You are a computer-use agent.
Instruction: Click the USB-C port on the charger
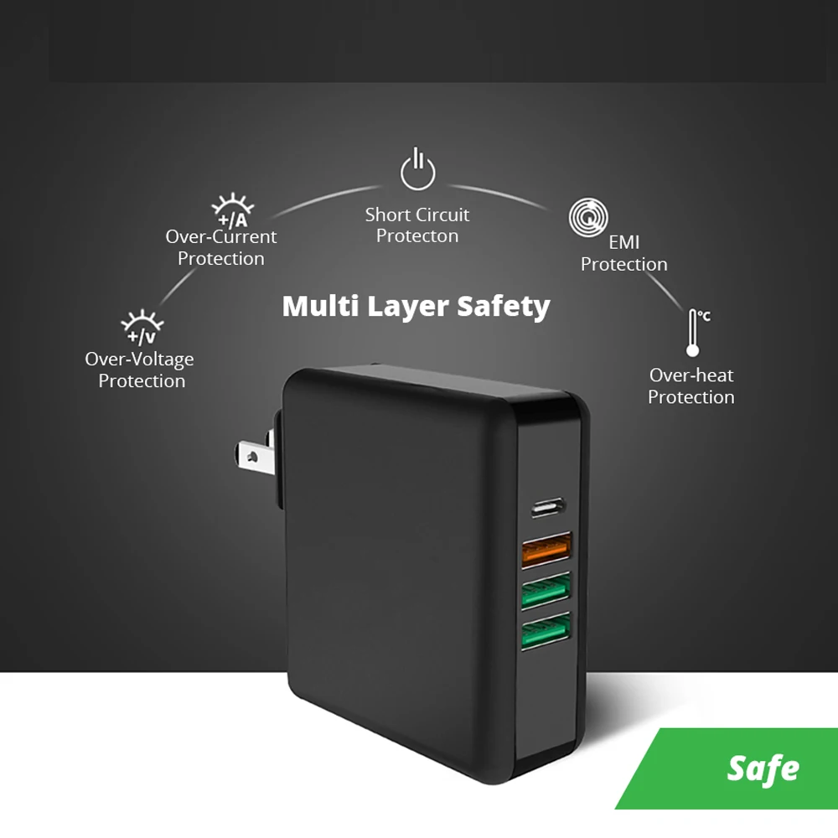click(548, 507)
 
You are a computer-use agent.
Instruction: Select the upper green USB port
click(545, 592)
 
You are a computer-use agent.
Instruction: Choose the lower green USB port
click(545, 633)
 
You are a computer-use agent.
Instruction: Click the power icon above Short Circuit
click(417, 169)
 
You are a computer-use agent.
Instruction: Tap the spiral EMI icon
click(587, 218)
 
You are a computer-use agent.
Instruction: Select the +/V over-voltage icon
click(142, 328)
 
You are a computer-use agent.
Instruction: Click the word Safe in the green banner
click(763, 768)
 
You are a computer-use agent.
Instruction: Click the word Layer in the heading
click(406, 307)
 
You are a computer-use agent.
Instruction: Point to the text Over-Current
click(221, 237)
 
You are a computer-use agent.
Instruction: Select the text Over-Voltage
click(139, 360)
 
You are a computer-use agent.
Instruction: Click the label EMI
click(624, 243)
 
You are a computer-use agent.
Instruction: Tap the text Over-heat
click(691, 375)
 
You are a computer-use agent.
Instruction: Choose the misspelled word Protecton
click(417, 236)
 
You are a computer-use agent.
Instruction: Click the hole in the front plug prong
click(249, 458)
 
